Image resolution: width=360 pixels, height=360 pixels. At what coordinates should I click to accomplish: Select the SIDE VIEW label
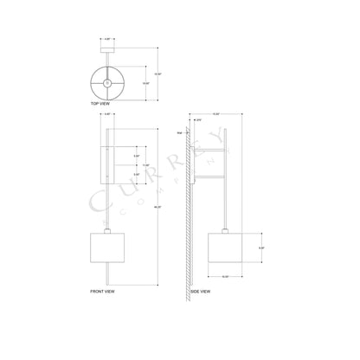[202, 292]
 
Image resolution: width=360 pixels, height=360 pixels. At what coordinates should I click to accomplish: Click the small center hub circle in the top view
[107, 83]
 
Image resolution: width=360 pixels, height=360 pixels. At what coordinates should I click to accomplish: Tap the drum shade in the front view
[107, 247]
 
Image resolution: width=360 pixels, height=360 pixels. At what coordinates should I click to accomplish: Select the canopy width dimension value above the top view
[107, 39]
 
